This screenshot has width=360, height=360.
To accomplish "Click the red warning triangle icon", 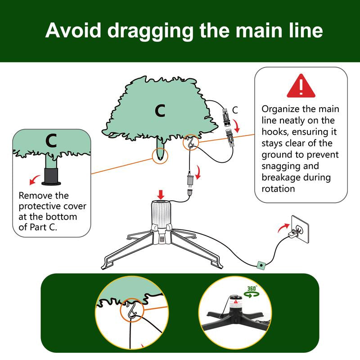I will [301, 86].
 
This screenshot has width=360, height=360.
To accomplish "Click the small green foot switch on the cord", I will [260, 265].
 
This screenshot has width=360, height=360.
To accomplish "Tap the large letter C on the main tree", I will [160, 110].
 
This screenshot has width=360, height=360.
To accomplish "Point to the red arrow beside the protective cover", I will [33, 181].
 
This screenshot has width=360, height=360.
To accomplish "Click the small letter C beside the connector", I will [235, 109].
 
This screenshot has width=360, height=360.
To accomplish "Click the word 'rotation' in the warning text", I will [279, 189].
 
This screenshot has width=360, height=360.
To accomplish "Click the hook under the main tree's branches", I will [190, 143].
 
